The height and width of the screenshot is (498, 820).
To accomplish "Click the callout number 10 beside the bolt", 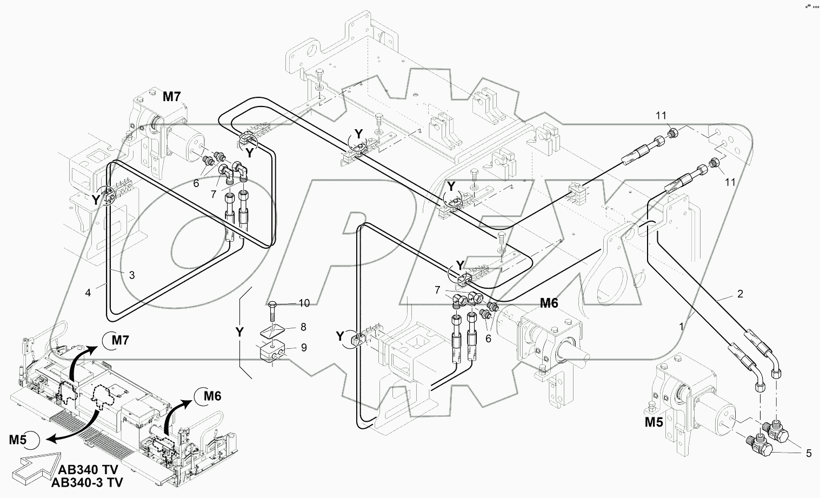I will pyautogui.click(x=304, y=303).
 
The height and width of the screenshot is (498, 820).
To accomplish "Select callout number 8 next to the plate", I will pyautogui.click(x=304, y=327).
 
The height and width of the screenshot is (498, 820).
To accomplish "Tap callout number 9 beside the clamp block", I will pyautogui.click(x=304, y=348).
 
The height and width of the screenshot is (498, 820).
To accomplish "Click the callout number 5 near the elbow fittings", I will pyautogui.click(x=809, y=454).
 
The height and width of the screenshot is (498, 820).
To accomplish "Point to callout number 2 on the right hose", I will pyautogui.click(x=740, y=294).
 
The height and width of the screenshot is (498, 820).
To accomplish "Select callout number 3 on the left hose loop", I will pyautogui.click(x=131, y=275).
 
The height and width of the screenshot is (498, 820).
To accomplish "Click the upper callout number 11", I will pyautogui.click(x=662, y=115).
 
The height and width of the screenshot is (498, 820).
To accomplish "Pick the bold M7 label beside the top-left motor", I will pyautogui.click(x=172, y=97).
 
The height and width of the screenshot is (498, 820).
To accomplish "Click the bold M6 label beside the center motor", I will pyautogui.click(x=549, y=303).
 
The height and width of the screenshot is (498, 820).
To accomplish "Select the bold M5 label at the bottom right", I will pyautogui.click(x=654, y=422).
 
